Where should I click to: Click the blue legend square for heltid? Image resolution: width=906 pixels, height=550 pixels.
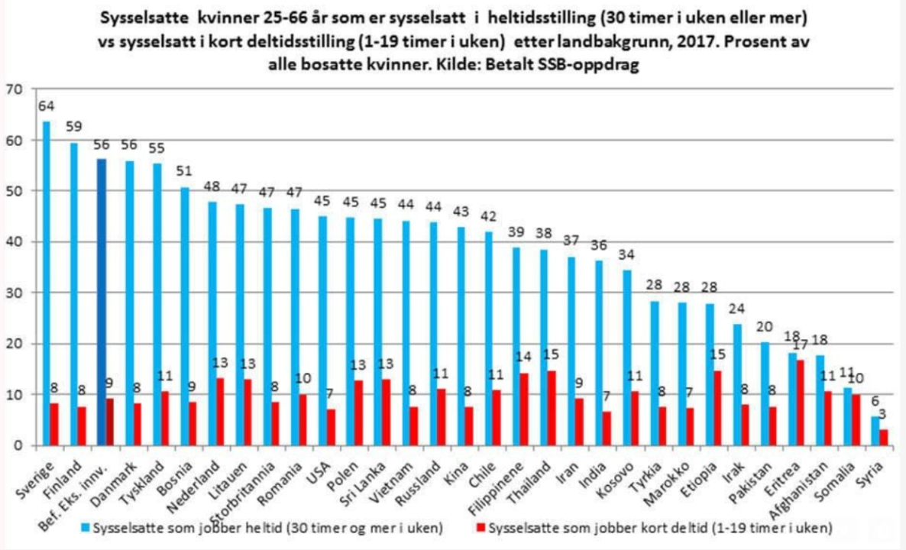(x=86, y=527)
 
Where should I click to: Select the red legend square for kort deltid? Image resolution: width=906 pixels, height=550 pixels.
(x=481, y=527)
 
